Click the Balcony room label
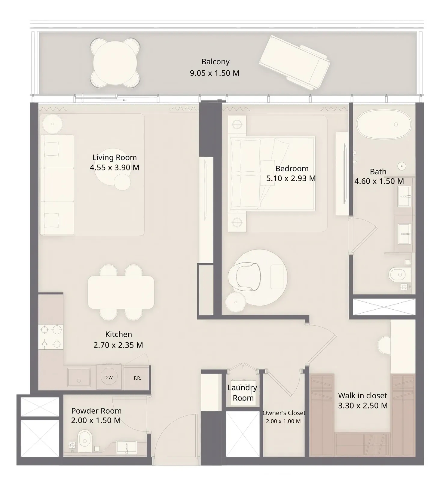click(x=215, y=62)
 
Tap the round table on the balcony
click(x=115, y=63)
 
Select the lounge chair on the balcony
click(x=294, y=62)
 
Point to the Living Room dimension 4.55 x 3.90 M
click(x=115, y=167)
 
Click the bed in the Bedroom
click(x=272, y=173)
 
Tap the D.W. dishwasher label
click(x=109, y=378)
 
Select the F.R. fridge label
click(x=137, y=378)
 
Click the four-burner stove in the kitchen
click(x=50, y=337)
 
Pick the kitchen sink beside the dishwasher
click(x=79, y=378)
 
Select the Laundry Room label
click(x=242, y=393)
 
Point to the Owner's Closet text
click(x=284, y=413)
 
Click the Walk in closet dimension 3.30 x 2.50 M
click(x=363, y=406)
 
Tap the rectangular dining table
click(x=121, y=292)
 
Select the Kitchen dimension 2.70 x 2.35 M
click(x=118, y=345)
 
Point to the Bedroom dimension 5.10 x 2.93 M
click(x=291, y=178)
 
